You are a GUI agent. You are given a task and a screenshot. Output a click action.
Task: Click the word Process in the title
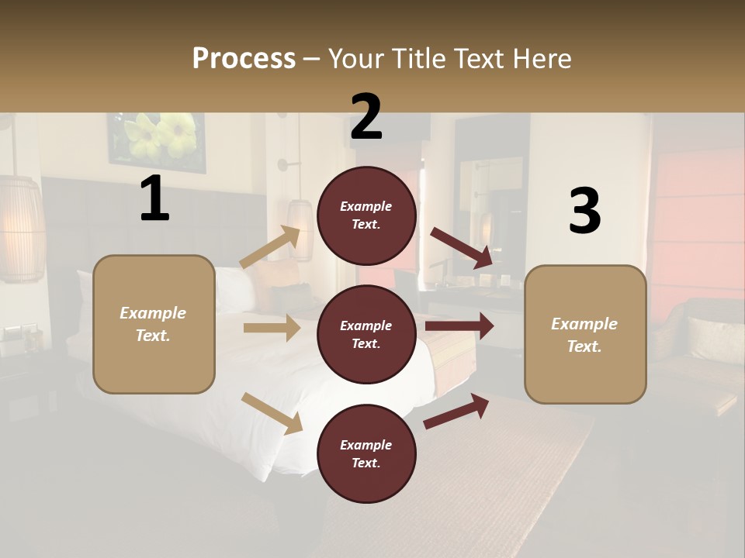[244, 58]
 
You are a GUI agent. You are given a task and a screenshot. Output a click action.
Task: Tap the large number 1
[154, 199]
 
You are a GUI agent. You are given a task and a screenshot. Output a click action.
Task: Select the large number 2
[366, 117]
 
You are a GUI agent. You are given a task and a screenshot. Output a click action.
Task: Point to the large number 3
[584, 211]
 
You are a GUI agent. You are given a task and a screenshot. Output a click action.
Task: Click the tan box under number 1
[154, 324]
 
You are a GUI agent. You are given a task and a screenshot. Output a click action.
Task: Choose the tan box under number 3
[585, 335]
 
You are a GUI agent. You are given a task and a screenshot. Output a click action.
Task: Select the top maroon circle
[366, 215]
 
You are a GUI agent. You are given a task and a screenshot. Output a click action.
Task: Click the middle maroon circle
[366, 334]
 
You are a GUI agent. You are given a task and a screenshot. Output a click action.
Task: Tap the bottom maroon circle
[366, 453]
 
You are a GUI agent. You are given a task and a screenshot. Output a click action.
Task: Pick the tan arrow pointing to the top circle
[270, 247]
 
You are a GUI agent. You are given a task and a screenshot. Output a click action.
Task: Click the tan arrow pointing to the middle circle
[272, 328]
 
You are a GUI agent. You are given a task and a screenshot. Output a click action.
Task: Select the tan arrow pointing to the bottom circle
[272, 413]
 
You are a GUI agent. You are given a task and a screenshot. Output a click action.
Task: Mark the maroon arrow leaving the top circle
[462, 248]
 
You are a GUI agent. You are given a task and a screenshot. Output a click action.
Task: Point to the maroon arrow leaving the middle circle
[459, 325]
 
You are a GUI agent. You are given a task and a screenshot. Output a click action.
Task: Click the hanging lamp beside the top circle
[300, 229]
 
